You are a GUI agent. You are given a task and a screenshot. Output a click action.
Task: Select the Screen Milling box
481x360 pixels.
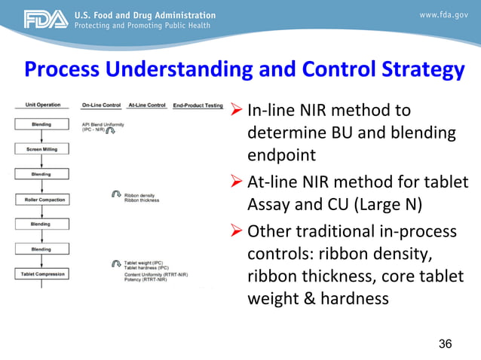[41, 149]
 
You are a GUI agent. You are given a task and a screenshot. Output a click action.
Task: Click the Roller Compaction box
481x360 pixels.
[41, 200]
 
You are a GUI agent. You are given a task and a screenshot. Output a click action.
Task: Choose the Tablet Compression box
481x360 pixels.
[41, 273]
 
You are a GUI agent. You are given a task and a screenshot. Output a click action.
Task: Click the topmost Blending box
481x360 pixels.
[41, 124]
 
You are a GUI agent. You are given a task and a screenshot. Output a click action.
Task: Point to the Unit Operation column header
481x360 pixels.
[36, 105]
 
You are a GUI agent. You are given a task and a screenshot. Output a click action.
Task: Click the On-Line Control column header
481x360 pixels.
[100, 105]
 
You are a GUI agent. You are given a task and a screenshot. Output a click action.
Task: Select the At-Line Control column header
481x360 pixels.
[147, 105]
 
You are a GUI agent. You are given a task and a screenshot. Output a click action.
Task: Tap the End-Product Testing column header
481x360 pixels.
[198, 105]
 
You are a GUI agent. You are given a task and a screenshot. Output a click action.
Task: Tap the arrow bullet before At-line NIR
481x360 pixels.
[236, 183]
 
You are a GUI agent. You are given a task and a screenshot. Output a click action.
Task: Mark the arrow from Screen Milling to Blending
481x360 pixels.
[41, 162]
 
